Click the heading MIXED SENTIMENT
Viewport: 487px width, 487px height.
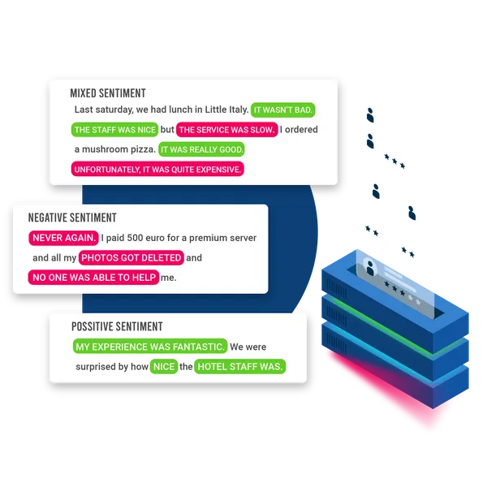coord(108,93)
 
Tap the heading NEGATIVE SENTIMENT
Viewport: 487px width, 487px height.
coord(72,218)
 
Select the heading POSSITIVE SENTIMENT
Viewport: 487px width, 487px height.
coord(117,326)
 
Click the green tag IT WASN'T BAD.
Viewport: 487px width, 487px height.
coord(282,110)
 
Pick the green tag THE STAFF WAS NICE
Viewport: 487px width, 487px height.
coord(114,130)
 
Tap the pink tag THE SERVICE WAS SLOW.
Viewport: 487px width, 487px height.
coord(227,130)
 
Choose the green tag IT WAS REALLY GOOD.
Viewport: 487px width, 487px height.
coord(202,150)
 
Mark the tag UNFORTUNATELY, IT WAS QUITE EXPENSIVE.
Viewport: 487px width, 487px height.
coord(157,170)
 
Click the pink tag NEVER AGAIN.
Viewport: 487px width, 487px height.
coord(63,238)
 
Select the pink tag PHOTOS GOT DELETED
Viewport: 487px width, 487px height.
coord(131,258)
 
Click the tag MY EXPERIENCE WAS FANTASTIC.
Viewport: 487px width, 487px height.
coord(149,347)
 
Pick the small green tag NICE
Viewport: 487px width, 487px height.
coord(164,367)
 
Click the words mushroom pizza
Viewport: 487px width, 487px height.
coord(123,150)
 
